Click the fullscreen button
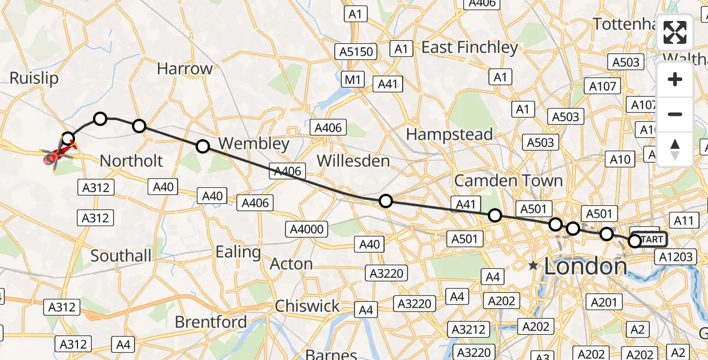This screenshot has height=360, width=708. (x=675, y=32)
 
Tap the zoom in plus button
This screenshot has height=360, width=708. (x=675, y=79)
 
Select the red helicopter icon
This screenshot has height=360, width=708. (x=55, y=158)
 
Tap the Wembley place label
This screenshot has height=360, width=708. (x=254, y=144)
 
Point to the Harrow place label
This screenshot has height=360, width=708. (x=185, y=68)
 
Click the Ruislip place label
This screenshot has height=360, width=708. (x=34, y=79)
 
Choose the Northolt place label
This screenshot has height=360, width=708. (x=131, y=161)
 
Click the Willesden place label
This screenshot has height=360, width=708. (x=353, y=161)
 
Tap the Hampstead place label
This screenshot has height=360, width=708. (x=449, y=134)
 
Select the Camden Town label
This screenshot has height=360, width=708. (x=508, y=180)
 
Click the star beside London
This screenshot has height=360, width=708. (x=533, y=265)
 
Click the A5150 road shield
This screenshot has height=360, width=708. (x=356, y=52)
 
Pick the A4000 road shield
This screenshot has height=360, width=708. (x=307, y=229)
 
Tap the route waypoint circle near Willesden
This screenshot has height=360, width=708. (x=386, y=201)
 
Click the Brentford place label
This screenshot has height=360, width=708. (x=211, y=322)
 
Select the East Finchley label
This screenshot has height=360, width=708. (x=470, y=47)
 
